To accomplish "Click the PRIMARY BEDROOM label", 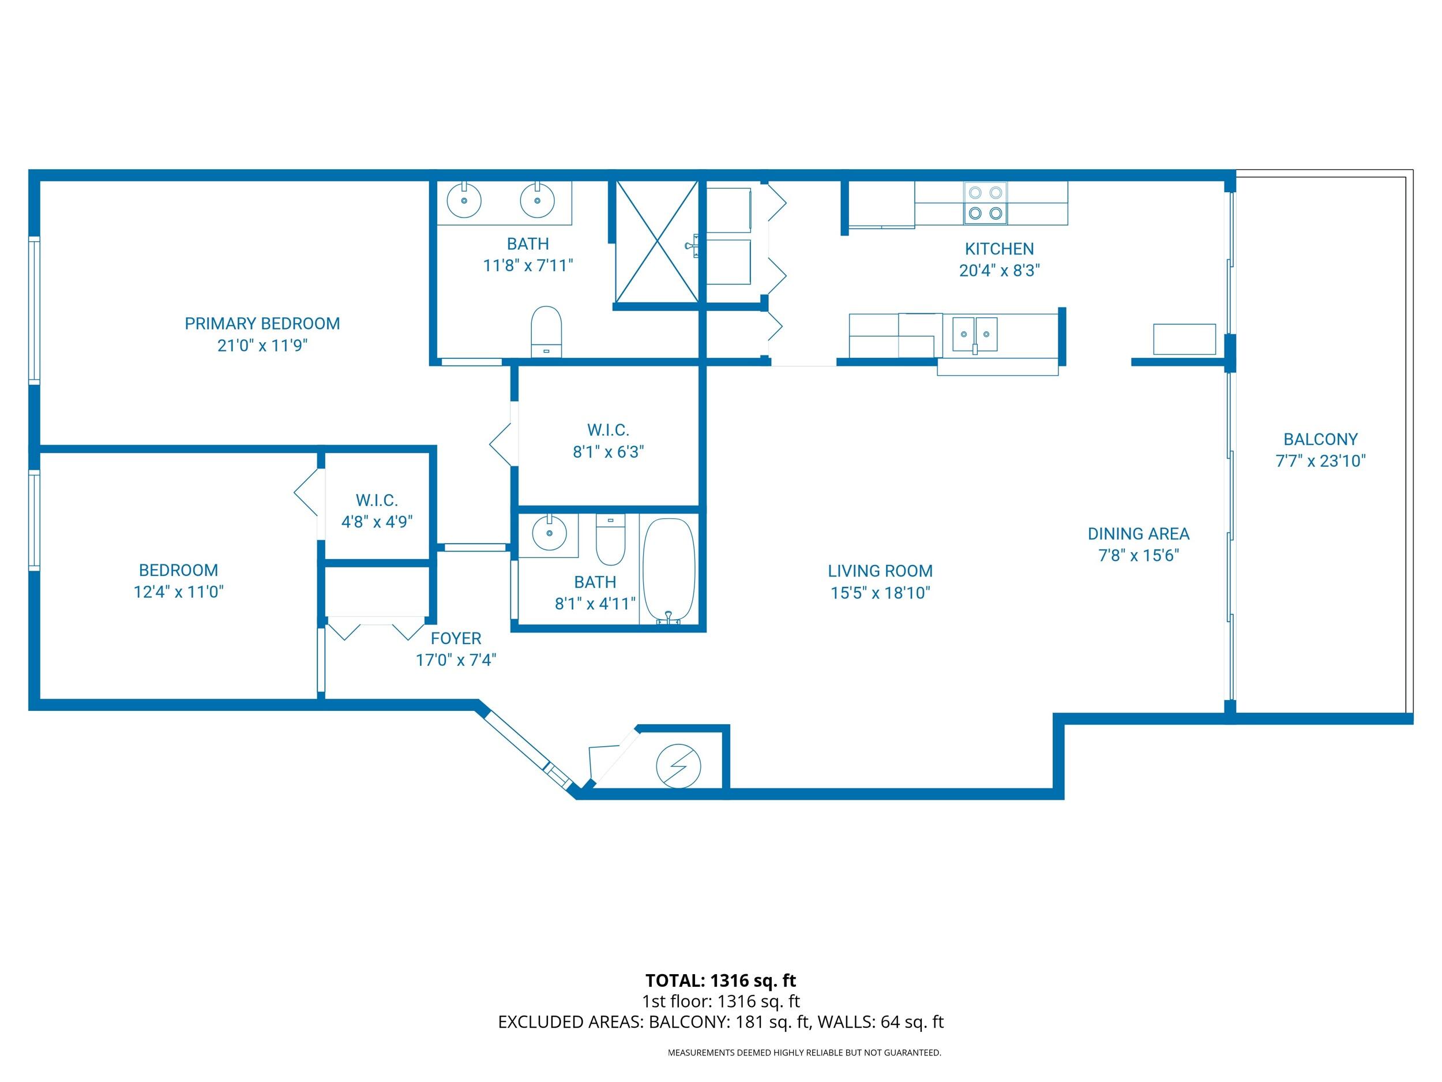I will click(262, 324).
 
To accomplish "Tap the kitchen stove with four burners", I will click(985, 203).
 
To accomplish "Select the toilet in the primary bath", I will click(546, 331).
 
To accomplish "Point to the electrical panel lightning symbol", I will click(678, 766).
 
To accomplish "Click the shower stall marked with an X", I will click(656, 242).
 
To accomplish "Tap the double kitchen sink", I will click(975, 335).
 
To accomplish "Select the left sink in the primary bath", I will click(464, 200).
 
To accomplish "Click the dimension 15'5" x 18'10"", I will click(880, 593).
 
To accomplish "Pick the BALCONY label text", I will click(1320, 439).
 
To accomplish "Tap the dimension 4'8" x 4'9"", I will click(377, 522).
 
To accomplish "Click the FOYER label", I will click(456, 638).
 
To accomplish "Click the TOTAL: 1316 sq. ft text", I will click(720, 980).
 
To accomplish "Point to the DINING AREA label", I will click(1138, 534).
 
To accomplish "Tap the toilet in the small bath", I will click(610, 541).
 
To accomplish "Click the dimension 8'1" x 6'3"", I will click(608, 452).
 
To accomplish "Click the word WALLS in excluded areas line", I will click(846, 1022).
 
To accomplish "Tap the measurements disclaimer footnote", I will click(804, 1052).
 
